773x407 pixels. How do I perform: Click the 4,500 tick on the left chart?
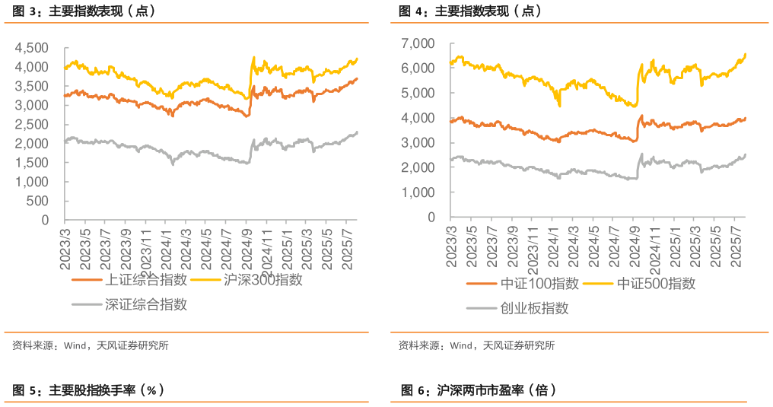coord(33,48)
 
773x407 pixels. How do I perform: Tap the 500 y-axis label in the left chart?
coord(40,201)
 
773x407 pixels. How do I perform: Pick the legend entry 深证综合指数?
coord(145,305)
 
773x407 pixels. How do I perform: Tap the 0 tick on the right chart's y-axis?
coord(431,218)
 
